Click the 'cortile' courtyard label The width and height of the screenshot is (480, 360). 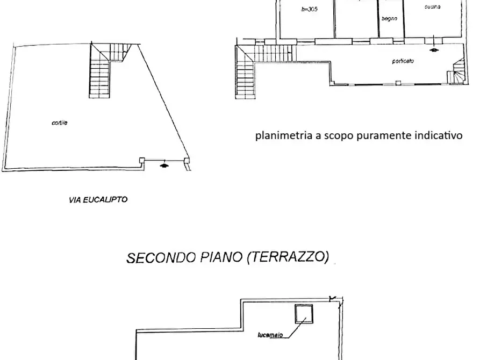pyautogui.click(x=59, y=123)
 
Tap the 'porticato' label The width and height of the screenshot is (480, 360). pyautogui.click(x=403, y=61)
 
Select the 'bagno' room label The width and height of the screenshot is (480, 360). pyautogui.click(x=389, y=19)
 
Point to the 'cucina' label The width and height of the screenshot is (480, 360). pyautogui.click(x=432, y=6)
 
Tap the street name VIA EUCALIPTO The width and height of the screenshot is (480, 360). pyautogui.click(x=98, y=200)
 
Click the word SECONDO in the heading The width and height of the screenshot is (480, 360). pyautogui.click(x=156, y=258)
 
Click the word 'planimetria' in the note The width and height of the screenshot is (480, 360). pyautogui.click(x=284, y=135)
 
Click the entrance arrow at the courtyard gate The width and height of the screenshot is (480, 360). pyautogui.click(x=164, y=167)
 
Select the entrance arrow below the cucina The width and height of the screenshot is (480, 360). pyautogui.click(x=434, y=51)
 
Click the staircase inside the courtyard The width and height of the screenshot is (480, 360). pyautogui.click(x=100, y=75)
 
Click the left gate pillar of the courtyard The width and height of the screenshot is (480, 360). pyautogui.click(x=142, y=160)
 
